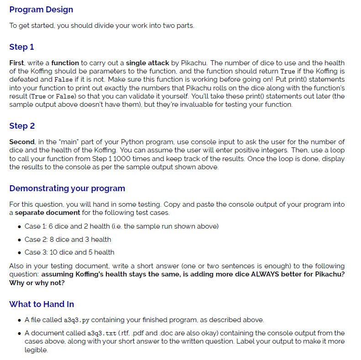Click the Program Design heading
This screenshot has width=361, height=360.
tap(41, 10)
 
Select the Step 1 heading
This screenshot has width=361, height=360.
tap(21, 47)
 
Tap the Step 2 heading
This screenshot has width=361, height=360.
tap(22, 126)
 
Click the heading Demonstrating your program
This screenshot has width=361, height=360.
tap(67, 188)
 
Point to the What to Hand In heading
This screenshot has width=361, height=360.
tap(42, 304)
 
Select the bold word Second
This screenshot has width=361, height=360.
tap(22, 142)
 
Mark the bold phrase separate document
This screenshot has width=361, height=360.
tap(47, 213)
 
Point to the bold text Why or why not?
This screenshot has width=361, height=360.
tap(37, 282)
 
